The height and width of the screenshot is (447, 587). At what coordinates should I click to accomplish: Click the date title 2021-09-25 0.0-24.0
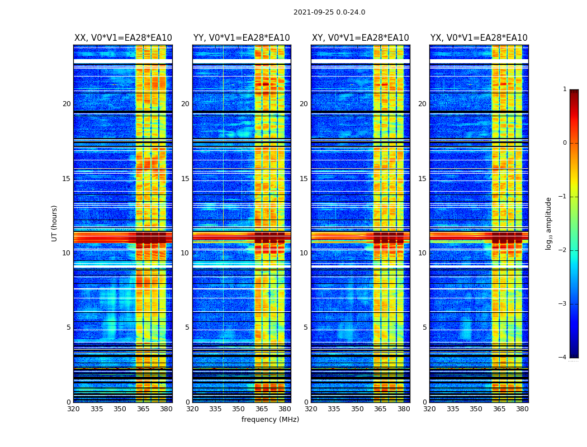point(329,12)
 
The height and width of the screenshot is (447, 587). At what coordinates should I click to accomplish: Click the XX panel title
point(123,38)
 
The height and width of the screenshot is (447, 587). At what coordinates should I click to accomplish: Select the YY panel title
point(242,38)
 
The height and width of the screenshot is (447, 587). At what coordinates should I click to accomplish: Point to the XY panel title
point(361,38)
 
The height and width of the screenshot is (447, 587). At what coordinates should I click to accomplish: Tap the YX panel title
point(479,38)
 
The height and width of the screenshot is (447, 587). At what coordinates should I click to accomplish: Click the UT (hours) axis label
point(55,223)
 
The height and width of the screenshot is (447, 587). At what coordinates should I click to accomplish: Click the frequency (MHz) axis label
point(270,420)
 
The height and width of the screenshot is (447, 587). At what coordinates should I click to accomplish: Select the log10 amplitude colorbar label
point(549,223)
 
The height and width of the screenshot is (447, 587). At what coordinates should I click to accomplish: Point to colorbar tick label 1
point(565,89)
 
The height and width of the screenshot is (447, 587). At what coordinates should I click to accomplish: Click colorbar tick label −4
point(562,358)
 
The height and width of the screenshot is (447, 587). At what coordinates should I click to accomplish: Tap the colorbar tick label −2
point(562,250)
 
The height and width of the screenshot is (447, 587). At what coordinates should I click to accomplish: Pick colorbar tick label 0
point(565,143)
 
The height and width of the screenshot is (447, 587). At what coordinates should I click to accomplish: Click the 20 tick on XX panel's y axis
point(67,104)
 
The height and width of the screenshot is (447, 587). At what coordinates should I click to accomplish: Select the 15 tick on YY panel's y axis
point(185,179)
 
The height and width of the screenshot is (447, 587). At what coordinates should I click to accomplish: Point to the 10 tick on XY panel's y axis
point(304,253)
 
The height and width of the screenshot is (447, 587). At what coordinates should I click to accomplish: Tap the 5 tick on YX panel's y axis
point(424,327)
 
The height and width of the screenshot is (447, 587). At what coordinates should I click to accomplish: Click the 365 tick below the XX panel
point(143,408)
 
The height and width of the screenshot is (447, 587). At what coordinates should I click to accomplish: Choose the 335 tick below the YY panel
point(215,408)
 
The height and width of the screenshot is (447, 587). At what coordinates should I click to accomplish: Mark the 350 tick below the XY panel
point(357,408)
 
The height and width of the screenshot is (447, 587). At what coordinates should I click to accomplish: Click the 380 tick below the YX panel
point(522,408)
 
